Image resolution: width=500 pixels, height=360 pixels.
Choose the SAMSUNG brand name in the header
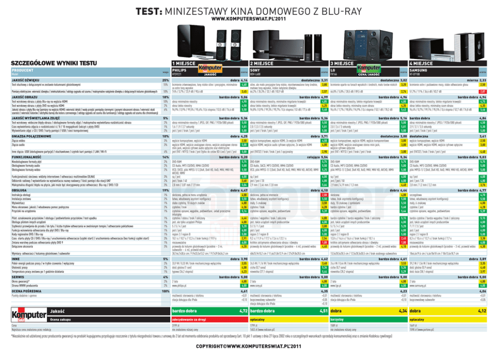419,70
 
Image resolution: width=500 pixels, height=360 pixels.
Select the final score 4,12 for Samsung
482,311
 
